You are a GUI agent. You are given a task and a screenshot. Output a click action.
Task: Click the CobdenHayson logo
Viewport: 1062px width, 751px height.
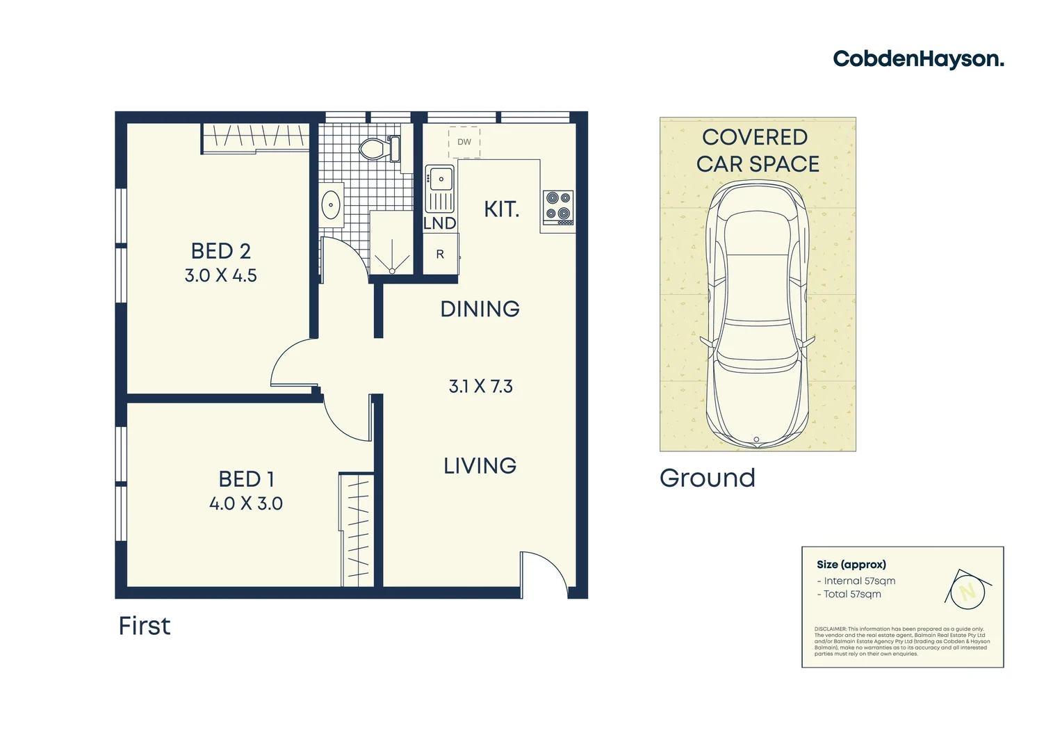[x=918, y=59]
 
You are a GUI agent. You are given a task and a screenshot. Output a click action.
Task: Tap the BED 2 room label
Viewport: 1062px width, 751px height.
[x=221, y=251]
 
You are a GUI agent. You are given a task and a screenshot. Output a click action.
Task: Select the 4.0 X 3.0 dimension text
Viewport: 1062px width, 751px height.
[x=246, y=503]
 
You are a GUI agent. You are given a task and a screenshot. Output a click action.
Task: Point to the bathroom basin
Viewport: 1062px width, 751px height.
[x=332, y=205]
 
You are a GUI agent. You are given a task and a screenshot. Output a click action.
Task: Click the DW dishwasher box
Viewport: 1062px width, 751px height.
[x=464, y=142]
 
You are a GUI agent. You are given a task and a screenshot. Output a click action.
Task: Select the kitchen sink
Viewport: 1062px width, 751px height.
[x=440, y=179]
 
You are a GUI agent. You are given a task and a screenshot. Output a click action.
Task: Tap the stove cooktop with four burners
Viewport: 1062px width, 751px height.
[x=558, y=207]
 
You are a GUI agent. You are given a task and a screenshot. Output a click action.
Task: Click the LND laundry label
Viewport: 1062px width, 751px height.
[x=440, y=223]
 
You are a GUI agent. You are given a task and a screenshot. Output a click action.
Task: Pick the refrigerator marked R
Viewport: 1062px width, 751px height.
[x=441, y=255]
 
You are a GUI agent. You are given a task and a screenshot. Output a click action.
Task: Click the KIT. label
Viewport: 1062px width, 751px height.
[x=502, y=209]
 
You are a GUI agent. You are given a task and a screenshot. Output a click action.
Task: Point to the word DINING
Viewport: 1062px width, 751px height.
[x=480, y=309]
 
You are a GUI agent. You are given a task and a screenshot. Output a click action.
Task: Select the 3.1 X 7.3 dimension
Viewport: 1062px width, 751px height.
[x=481, y=387]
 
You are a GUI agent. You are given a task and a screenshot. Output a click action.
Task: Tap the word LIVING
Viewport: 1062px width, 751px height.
[x=480, y=466]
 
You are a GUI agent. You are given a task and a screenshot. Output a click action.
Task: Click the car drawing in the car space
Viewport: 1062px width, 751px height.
[x=757, y=313]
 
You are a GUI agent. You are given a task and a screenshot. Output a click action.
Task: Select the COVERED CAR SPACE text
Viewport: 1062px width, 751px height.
[x=757, y=150]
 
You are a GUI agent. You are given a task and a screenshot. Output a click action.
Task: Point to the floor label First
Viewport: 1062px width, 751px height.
[x=145, y=626]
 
